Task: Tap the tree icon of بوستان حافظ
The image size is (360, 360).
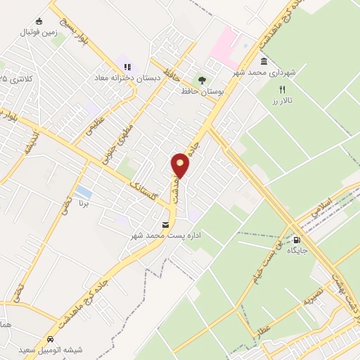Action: tap(202, 80)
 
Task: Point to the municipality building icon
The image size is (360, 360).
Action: tap(264, 61)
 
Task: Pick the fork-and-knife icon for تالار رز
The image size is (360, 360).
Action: tap(283, 90)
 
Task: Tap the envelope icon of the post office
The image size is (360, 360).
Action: tap(165, 224)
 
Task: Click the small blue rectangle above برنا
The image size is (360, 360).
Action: tap(82, 191)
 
